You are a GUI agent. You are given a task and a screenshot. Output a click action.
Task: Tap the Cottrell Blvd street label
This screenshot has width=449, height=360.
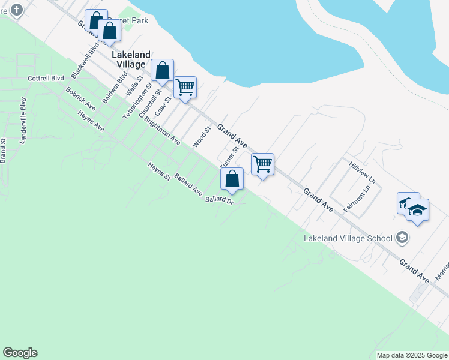pyautogui.click(x=46, y=78)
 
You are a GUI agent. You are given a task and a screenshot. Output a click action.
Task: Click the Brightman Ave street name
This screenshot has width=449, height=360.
pyautogui.click(x=162, y=131)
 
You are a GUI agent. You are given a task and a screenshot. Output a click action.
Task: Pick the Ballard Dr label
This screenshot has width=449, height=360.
pyautogui.click(x=219, y=200)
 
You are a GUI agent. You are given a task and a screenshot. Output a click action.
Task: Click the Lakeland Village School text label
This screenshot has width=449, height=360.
pyautogui.click(x=348, y=238)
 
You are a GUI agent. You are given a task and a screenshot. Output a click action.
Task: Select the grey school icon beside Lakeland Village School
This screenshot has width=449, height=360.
pyautogui.click(x=403, y=238)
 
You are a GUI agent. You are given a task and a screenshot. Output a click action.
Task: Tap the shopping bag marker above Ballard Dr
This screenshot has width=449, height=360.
pyautogui.click(x=232, y=179)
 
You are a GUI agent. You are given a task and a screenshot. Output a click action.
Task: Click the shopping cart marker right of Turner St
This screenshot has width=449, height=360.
pyautogui.click(x=262, y=164)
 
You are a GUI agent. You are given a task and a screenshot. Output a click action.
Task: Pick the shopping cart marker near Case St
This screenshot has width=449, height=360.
pyautogui.click(x=185, y=88)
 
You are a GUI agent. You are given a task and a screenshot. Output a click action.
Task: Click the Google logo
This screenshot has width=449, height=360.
pyautogui.click(x=20, y=353)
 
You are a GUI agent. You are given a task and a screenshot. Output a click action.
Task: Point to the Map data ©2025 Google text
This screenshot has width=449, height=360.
pyautogui.click(x=412, y=355)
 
